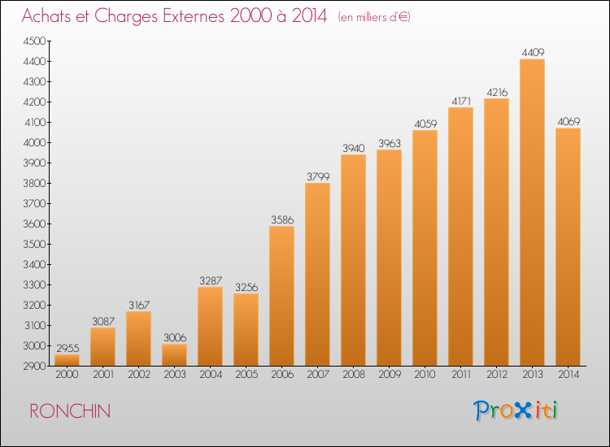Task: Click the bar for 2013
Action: click(x=532, y=212)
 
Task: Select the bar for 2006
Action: click(x=281, y=296)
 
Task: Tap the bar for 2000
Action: click(x=67, y=360)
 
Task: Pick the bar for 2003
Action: click(x=174, y=355)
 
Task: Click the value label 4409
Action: click(x=533, y=53)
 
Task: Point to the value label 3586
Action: click(x=282, y=220)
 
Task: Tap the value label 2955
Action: click(x=68, y=348)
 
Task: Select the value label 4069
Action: click(x=569, y=122)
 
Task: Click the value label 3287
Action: click(x=211, y=280)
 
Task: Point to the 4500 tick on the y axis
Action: click(x=35, y=41)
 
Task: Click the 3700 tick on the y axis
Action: click(x=35, y=204)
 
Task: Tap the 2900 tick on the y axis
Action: click(x=35, y=367)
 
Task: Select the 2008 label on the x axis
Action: click(x=354, y=375)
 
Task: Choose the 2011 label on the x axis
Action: click(x=461, y=375)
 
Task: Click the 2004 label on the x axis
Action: click(x=211, y=375)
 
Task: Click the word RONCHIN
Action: click(x=70, y=411)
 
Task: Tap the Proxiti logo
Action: click(x=516, y=410)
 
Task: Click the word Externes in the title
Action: click(x=194, y=16)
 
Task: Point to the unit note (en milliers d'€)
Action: click(x=374, y=17)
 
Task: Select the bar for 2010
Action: click(x=425, y=248)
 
